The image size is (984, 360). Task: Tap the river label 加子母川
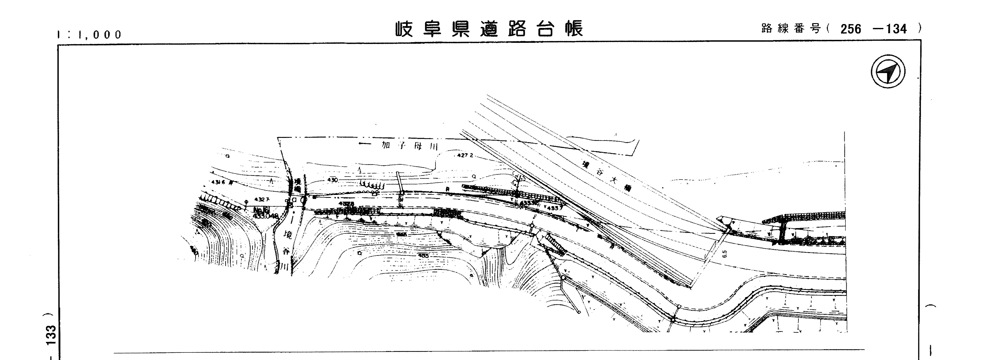click(409, 146)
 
